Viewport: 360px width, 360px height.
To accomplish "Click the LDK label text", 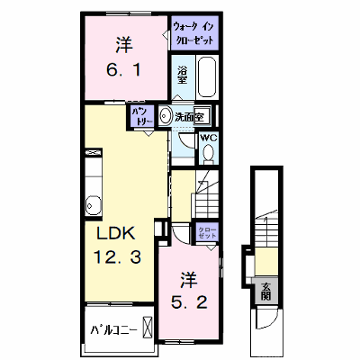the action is (x=115, y=234).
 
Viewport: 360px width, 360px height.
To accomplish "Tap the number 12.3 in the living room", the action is (x=117, y=257).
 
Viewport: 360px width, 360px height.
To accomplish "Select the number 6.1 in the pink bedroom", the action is (x=123, y=71).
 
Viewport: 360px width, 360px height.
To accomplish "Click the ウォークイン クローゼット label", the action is (x=193, y=33).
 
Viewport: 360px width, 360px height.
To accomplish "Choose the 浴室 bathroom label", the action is (x=182, y=76).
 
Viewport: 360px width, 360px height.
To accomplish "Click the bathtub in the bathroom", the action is (x=207, y=76).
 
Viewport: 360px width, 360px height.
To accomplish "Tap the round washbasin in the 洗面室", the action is (x=164, y=115).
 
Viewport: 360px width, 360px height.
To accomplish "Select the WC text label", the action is (x=208, y=138).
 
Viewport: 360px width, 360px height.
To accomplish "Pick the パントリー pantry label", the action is (x=141, y=116).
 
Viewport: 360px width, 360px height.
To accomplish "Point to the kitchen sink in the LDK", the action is (x=94, y=205).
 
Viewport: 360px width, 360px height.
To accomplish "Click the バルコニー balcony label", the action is (x=113, y=330).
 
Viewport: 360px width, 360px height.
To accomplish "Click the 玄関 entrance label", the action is (x=265, y=292).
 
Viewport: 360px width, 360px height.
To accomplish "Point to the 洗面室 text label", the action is (x=189, y=117).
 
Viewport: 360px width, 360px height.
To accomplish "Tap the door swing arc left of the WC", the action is (x=187, y=141).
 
